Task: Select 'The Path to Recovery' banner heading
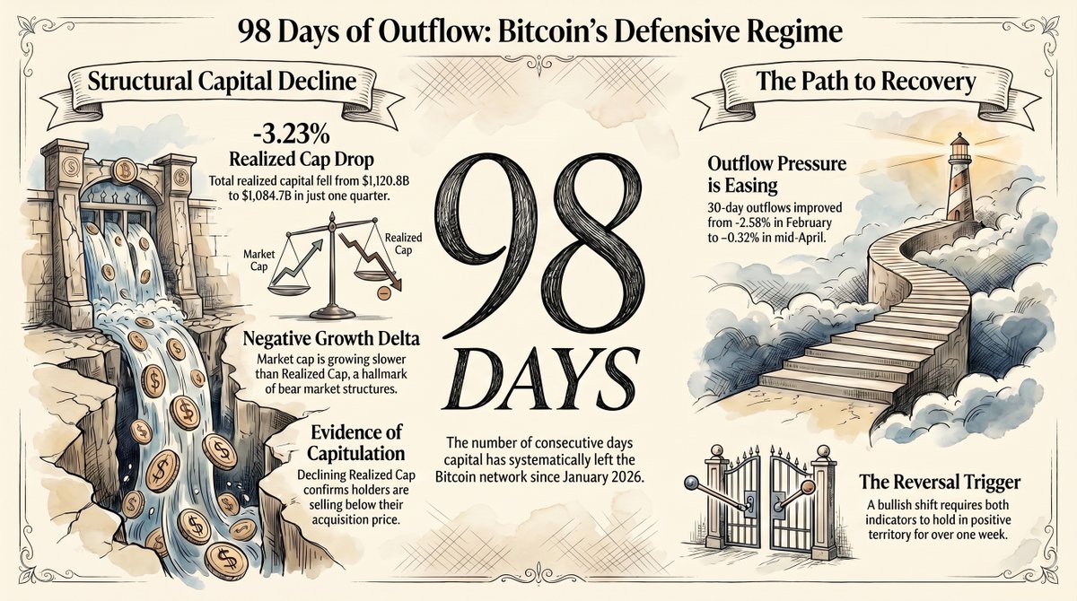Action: tap(867, 83)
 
